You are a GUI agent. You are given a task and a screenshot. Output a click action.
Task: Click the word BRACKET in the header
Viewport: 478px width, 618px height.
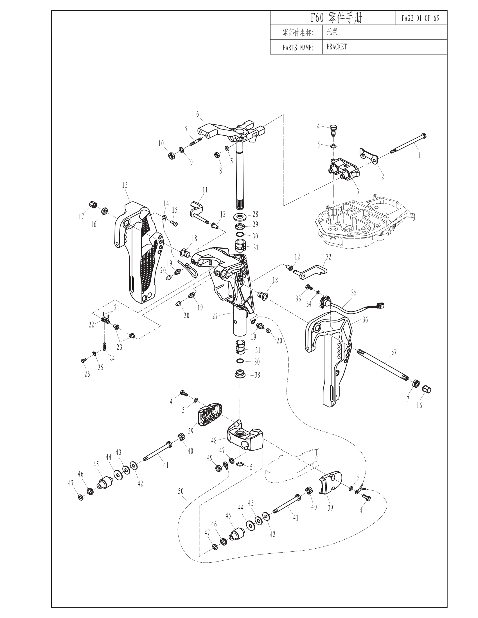[x=336, y=47]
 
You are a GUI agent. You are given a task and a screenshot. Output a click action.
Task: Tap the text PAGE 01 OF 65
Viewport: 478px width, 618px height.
[x=420, y=18]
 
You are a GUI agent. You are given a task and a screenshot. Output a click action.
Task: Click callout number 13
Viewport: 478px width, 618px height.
[x=125, y=185]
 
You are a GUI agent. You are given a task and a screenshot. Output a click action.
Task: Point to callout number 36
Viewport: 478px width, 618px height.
[x=365, y=320]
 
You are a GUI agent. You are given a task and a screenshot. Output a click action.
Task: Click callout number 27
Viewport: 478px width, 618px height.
[x=215, y=315]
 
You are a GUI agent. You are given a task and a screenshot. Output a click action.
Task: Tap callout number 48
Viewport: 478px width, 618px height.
[x=214, y=440]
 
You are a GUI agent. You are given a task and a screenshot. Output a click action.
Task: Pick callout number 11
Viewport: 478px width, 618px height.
[x=205, y=190]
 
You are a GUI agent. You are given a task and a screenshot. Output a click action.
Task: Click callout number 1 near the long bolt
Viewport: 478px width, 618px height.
[x=420, y=155]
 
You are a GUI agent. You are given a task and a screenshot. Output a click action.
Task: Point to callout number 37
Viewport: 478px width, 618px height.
[x=394, y=352]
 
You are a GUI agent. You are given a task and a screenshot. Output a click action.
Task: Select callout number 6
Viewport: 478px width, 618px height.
[x=197, y=114]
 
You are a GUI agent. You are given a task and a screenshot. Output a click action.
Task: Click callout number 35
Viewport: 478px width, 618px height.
[x=354, y=292]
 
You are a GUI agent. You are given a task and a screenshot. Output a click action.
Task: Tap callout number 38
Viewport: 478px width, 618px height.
[x=257, y=375]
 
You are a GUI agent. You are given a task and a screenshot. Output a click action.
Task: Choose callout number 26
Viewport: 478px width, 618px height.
[x=87, y=374]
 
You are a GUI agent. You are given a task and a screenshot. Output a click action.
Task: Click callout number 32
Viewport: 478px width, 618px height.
[x=328, y=257]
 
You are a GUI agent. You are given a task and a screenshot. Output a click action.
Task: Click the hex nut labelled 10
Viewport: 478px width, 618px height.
[x=171, y=155]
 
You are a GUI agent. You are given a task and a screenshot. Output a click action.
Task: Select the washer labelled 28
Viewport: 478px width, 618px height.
[x=240, y=217]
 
